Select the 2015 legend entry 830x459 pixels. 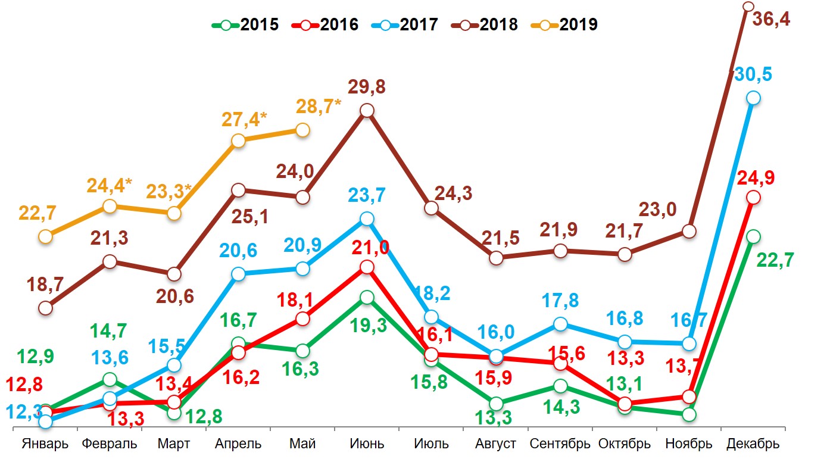246,24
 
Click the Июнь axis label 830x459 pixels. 367,444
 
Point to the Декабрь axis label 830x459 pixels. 753,444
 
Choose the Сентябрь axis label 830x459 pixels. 560,444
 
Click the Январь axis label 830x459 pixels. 45,444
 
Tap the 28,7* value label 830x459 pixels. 319,108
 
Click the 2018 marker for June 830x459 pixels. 367,111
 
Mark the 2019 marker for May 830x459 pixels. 302,130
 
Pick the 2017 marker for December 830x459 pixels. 753,98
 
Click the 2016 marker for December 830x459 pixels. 753,197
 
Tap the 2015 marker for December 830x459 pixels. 753,236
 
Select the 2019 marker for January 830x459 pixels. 45,236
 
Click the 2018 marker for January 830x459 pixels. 45,308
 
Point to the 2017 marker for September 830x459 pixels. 560,324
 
